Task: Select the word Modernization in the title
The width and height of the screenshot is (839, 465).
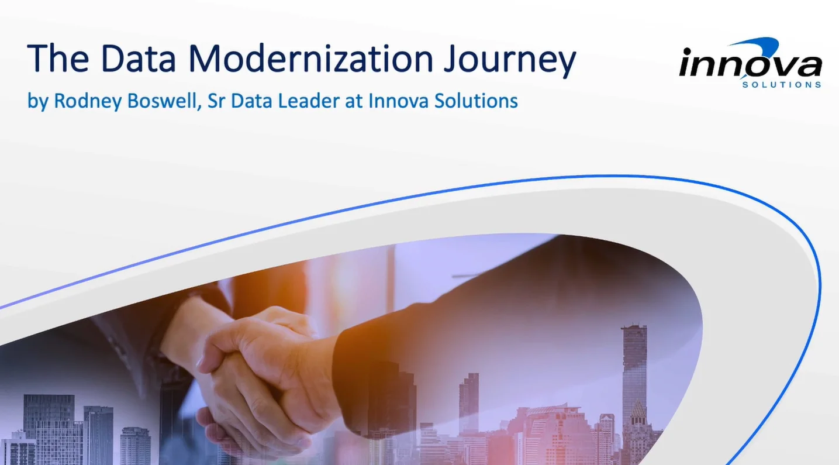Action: [x=310, y=58]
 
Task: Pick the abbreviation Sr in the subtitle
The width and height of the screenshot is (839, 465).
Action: [x=217, y=101]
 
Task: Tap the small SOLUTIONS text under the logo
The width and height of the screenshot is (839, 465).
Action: [x=781, y=85]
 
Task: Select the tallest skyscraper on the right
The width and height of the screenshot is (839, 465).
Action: [x=634, y=374]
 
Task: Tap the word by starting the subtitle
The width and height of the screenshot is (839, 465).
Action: [x=37, y=101]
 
